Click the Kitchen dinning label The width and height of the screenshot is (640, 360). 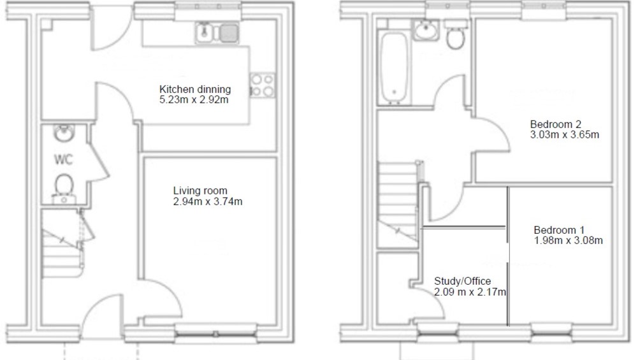pos(194,89)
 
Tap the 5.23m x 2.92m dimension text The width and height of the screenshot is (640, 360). pos(194,99)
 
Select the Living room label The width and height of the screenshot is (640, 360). pos(200,191)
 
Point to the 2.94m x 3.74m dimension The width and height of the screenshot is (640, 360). pos(208,201)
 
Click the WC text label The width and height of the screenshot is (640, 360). pos(64,159)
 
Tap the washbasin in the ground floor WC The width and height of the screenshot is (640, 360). pos(63,133)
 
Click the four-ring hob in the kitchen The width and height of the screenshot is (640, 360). pos(262,85)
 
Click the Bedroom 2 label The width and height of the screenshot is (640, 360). pos(555,124)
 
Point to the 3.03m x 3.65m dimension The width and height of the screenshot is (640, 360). pos(565,134)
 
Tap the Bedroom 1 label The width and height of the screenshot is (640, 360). pos(559,230)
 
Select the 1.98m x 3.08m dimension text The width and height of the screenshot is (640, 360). pos(568,240)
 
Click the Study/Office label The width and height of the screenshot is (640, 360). pos(462,281)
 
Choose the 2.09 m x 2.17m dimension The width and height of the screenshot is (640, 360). pos(470,292)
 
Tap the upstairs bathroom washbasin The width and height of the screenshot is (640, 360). pos(427,30)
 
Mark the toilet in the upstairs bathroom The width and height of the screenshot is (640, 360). pos(456,34)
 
